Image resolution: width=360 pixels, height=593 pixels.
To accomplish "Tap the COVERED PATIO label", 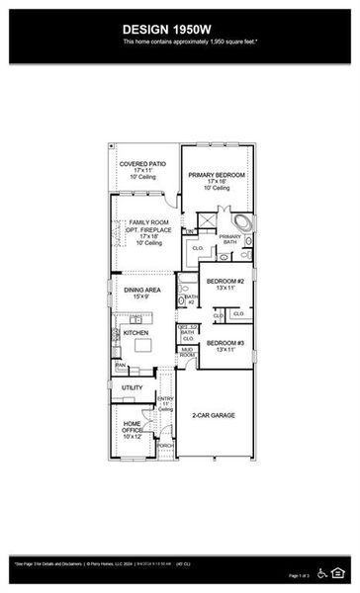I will click(141, 164).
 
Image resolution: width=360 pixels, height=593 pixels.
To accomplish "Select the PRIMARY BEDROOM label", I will click(218, 175).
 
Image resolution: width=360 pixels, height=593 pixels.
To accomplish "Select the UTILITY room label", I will click(132, 387).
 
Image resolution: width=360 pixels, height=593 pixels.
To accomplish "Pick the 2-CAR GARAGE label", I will click(215, 416).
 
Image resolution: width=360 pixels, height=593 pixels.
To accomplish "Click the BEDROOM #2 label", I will click(225, 281).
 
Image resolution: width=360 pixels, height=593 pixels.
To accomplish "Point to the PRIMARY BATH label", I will click(229, 238).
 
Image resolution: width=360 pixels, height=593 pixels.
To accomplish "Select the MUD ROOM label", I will click(186, 352).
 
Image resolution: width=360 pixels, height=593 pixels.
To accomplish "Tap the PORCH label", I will click(164, 445).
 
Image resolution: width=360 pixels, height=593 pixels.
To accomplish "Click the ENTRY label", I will click(165, 400).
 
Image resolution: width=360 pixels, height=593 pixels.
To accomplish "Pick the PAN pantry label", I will click(120, 365).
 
